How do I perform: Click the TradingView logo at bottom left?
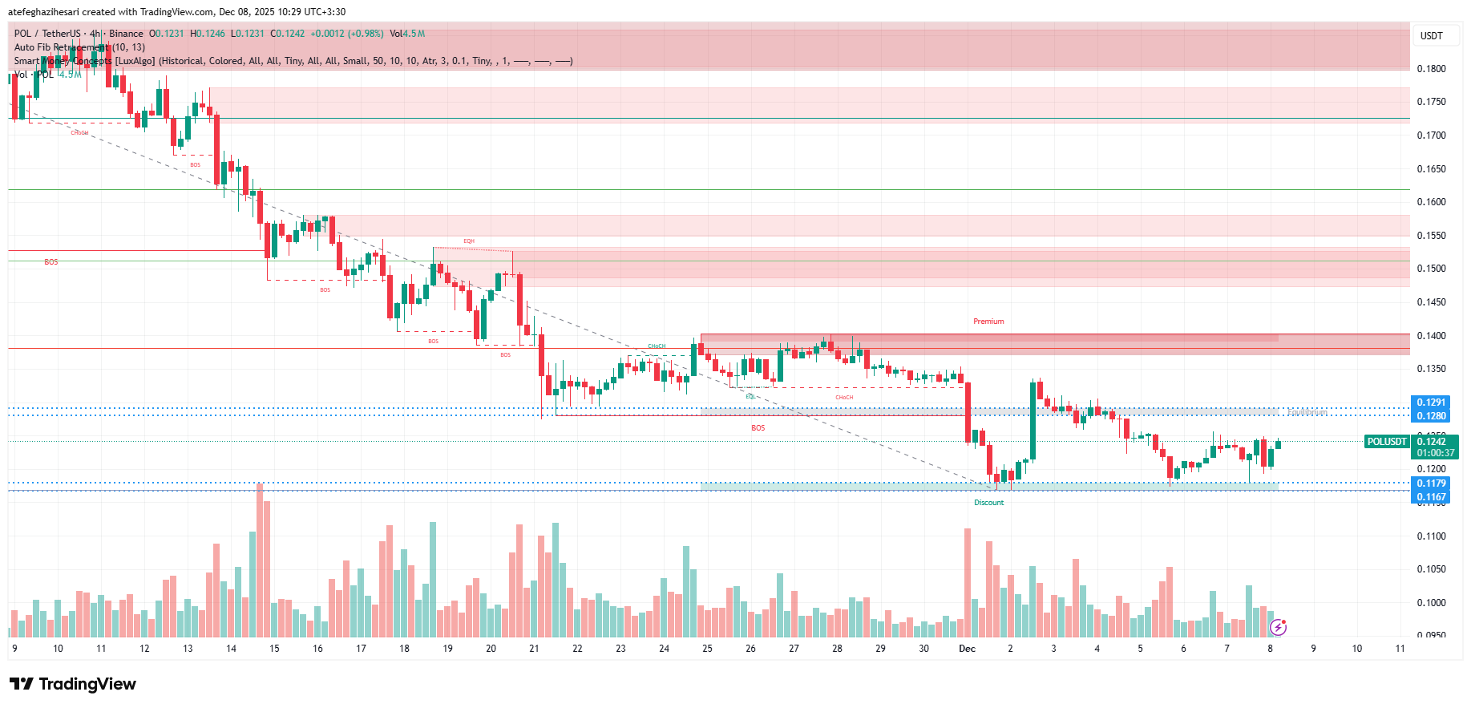coord(73,684)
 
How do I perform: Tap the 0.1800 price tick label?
coord(1431,69)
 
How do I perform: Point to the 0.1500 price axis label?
coord(1431,269)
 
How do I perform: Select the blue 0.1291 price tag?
coord(1430,403)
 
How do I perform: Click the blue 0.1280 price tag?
coord(1430,416)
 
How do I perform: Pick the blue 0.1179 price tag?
coord(1430,483)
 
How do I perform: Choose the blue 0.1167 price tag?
coord(1430,497)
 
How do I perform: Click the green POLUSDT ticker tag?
coord(1387,442)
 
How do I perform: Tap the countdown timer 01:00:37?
coord(1435,453)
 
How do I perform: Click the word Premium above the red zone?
coord(988,322)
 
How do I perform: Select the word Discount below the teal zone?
coord(988,503)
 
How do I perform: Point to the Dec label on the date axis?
coord(967,649)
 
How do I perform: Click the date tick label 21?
coord(534,649)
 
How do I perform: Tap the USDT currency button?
coord(1431,35)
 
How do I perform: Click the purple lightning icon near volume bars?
coord(1278,626)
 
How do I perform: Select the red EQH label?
coord(469,241)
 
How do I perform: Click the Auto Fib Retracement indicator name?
coord(61,47)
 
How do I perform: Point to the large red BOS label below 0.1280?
coord(758,428)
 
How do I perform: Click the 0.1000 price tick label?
coord(1431,603)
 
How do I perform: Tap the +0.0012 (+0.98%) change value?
coord(347,34)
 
